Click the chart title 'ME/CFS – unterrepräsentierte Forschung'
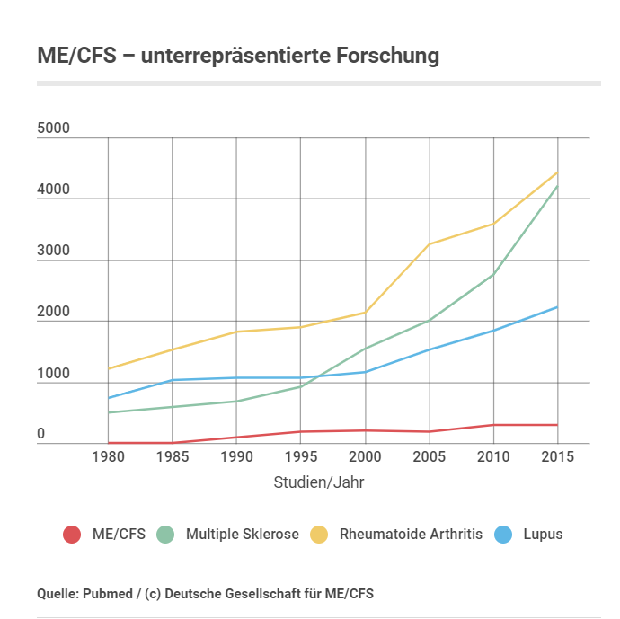tap(238, 55)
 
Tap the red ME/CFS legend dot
tap(72, 534)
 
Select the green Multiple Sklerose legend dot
tap(164, 534)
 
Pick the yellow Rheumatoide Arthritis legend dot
tap(318, 534)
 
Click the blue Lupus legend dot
tap(505, 534)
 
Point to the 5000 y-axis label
tap(53, 129)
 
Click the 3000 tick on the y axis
tap(53, 252)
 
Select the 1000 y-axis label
tap(53, 374)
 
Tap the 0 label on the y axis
tap(41, 435)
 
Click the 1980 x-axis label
tap(108, 456)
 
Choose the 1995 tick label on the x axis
tap(300, 456)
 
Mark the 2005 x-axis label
tap(429, 456)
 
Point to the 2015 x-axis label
tap(557, 456)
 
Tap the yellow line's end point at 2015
tap(557, 172)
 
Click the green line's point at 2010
tap(492, 274)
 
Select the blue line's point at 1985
tap(172, 380)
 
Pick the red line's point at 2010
tap(492, 425)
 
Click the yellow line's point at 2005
tap(429, 244)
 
